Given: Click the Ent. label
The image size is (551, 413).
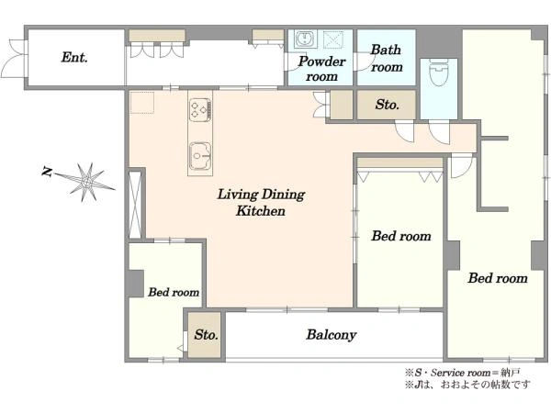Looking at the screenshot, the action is [74, 57].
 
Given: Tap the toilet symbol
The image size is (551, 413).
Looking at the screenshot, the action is [439, 73].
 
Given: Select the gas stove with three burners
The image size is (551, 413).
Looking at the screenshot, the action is [200, 110].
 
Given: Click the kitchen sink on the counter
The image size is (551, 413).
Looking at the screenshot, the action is [200, 155].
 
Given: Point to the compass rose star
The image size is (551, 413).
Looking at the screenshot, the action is [86, 182].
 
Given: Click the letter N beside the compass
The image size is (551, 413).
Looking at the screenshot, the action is [47, 172].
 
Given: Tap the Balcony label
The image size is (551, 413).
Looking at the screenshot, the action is [331, 335].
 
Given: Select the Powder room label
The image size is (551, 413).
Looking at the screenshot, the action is [321, 69].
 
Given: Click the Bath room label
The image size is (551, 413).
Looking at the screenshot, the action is [387, 59].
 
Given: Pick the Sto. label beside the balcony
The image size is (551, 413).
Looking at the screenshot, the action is [206, 334].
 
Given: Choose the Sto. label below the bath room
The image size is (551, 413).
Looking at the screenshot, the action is [387, 105].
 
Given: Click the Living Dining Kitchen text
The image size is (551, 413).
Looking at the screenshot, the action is [261, 203].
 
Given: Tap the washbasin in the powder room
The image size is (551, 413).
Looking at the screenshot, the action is [306, 39].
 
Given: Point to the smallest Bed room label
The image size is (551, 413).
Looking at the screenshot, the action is [174, 292].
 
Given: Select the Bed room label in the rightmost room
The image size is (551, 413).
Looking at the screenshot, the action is [498, 278].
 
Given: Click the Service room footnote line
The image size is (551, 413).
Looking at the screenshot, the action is [463, 373].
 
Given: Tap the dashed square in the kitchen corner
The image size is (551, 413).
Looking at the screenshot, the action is [142, 103].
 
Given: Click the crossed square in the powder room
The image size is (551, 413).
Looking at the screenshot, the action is [333, 39].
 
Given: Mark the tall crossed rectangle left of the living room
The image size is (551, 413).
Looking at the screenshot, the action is [135, 205].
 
